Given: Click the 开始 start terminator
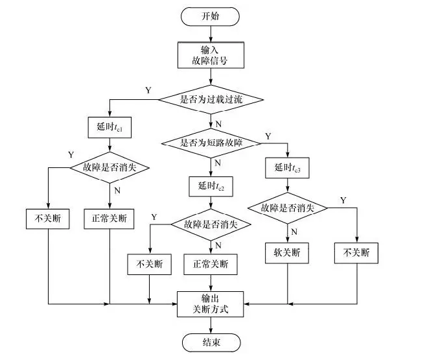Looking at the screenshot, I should tap(211, 16).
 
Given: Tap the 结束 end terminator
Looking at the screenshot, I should tap(211, 342).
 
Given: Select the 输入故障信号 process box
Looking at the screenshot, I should tap(211, 56).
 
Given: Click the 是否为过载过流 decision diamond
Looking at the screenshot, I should tap(211, 100).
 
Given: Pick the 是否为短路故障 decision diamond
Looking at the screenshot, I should tap(211, 142).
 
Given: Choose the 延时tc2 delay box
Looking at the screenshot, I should tap(211, 186).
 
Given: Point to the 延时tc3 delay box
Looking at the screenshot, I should tap(288, 168).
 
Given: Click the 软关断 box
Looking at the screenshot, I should tap(287, 253).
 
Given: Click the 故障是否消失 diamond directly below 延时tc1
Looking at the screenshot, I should tap(110, 167).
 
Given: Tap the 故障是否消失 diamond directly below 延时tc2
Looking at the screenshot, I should tap(211, 224).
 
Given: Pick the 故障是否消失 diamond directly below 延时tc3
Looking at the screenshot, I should tap(288, 208).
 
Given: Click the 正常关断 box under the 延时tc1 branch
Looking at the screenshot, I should tap(110, 219).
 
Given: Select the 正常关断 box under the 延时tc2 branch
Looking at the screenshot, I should tap(211, 265).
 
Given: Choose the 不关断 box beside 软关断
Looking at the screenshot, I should tap(356, 253).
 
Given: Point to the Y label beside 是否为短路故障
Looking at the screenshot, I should tap(268, 137).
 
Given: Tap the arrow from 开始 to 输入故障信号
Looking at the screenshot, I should tap(211, 34).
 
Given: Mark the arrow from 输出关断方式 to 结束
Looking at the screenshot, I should tap(211, 326).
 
